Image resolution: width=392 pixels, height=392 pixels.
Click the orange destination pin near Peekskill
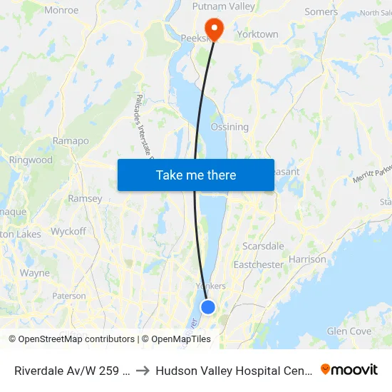(213, 27)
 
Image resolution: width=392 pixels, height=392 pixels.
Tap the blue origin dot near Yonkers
(207, 307)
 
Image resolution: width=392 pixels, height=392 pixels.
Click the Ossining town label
(229, 127)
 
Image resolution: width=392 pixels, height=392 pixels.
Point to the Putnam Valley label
(224, 6)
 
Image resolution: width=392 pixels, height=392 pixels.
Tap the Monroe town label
(61, 10)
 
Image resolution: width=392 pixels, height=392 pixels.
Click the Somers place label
(321, 11)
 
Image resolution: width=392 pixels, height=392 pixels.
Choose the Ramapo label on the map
(71, 141)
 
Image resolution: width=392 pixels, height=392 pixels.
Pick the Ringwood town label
(31, 160)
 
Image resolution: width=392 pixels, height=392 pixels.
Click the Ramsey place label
(85, 199)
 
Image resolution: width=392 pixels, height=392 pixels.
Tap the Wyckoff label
(68, 232)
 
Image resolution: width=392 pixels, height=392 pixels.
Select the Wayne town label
(35, 273)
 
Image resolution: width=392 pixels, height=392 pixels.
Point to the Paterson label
(69, 296)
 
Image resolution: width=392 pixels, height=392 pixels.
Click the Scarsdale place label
(263, 246)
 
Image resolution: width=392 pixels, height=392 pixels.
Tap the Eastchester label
(259, 264)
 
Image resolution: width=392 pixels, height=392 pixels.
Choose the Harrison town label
(308, 259)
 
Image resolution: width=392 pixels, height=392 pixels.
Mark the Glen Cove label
(349, 331)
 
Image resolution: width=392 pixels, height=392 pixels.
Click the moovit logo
(349, 369)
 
